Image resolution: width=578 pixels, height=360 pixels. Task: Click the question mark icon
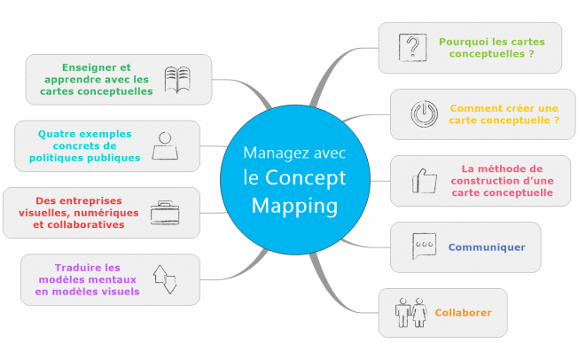[x=412, y=48]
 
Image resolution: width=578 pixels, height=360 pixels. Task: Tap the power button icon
[x=425, y=114]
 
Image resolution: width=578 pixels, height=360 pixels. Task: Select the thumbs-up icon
[x=425, y=181]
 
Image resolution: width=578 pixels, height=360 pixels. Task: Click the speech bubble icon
[x=424, y=246]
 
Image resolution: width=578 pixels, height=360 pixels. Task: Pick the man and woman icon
[x=411, y=313]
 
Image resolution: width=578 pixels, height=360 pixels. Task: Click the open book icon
[x=177, y=79]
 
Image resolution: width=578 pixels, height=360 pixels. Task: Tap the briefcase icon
[x=165, y=213]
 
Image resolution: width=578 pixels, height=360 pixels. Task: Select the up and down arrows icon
[x=165, y=279]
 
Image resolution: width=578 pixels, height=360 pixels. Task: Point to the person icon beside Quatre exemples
[x=165, y=146]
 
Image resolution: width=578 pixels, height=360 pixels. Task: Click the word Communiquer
[x=487, y=247]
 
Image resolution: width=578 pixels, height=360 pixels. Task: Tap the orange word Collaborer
[x=463, y=313]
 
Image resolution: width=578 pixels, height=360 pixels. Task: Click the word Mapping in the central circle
[x=294, y=207]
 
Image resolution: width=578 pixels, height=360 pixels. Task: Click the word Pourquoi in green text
[x=461, y=42]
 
